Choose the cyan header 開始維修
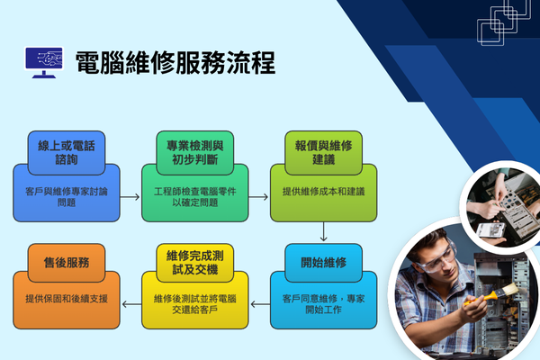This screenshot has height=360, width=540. pyautogui.click(x=324, y=263)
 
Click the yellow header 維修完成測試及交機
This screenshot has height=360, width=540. pyautogui.click(x=193, y=263)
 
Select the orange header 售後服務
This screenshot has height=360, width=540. pyautogui.click(x=66, y=263)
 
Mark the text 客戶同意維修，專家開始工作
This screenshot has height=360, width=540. pyautogui.click(x=324, y=302)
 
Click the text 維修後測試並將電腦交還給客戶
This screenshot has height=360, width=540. pyautogui.click(x=193, y=303)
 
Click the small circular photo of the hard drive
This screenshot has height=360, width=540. pyautogui.click(x=498, y=208)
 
